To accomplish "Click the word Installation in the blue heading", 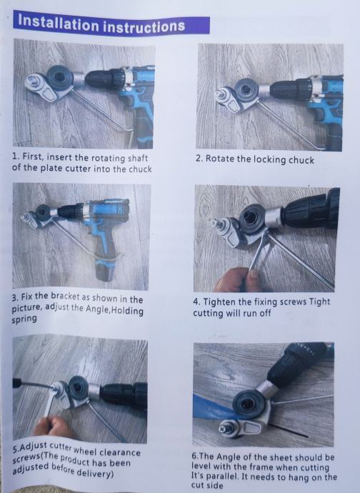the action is (x=58, y=22).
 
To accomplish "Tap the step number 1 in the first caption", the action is (x=14, y=156).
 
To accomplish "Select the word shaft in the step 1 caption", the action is (x=137, y=158).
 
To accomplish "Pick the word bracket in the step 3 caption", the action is (x=65, y=297).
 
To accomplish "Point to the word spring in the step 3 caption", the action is (x=24, y=319).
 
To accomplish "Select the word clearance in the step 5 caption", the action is (x=120, y=452).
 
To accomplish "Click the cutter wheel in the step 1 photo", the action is (x=60, y=77).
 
